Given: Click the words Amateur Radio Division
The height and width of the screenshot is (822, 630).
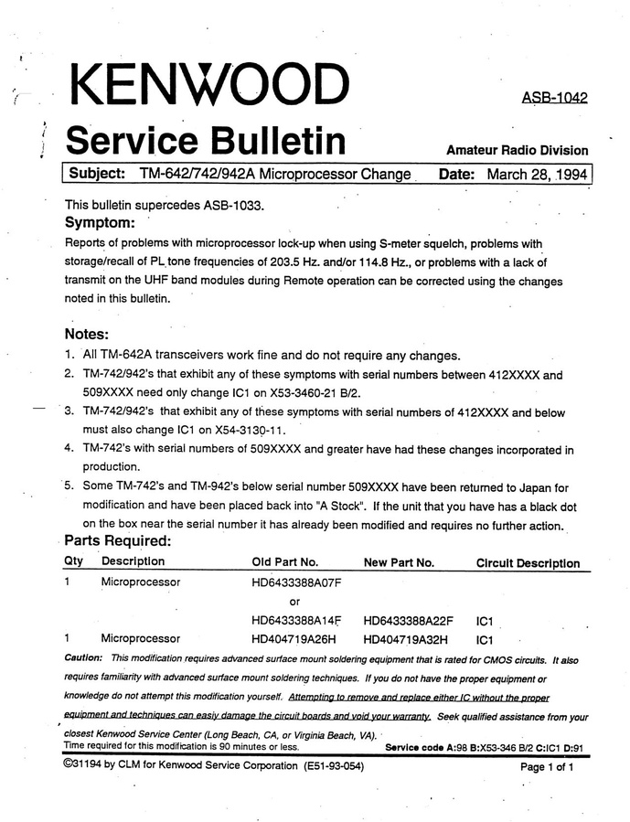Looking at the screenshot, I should (518, 151).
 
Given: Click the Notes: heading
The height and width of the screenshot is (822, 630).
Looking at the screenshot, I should (87, 335).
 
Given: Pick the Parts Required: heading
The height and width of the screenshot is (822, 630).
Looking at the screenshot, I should (118, 540).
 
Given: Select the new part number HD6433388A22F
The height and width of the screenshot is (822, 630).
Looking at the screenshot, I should (408, 621).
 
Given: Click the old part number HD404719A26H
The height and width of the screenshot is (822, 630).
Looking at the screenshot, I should (294, 639).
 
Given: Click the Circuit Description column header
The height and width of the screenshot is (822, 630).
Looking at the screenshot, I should (528, 563).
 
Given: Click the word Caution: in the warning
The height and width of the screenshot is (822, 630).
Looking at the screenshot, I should (83, 658).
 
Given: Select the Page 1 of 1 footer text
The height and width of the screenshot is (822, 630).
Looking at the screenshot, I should (547, 767).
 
